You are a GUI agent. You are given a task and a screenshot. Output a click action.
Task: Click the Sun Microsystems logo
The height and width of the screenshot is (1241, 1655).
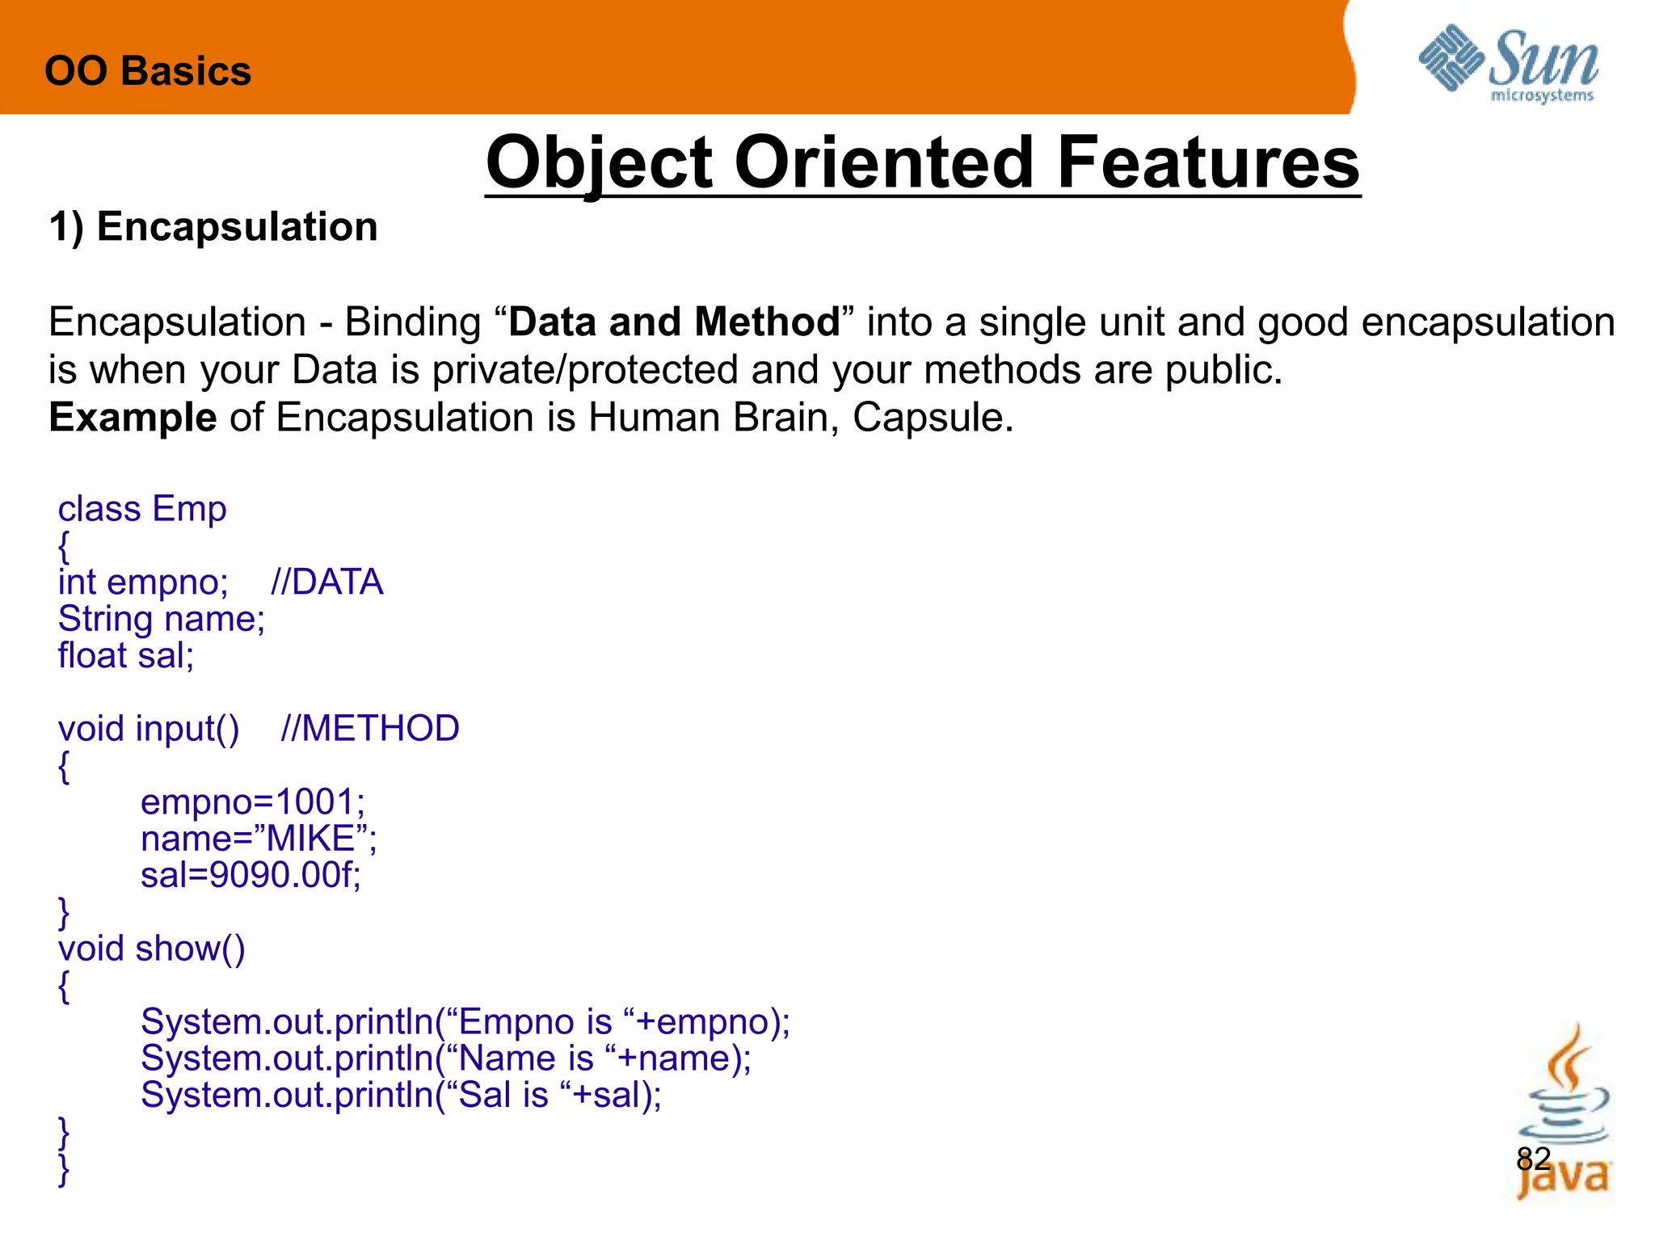[1508, 65]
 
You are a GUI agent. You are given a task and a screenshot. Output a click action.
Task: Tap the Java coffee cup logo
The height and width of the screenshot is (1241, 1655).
[1563, 1115]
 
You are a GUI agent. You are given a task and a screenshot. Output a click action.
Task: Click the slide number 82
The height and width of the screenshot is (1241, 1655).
[1533, 1159]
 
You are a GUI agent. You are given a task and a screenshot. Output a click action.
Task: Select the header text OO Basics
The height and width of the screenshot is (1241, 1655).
[148, 71]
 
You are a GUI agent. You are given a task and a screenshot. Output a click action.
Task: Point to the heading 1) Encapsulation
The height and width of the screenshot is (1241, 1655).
[213, 226]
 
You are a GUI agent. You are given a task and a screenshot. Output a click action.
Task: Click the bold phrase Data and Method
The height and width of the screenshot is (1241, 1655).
[674, 322]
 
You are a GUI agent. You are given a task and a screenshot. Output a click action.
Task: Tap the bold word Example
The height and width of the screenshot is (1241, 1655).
[133, 418]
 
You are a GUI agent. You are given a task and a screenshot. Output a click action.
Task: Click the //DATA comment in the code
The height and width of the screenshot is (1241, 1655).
[326, 583]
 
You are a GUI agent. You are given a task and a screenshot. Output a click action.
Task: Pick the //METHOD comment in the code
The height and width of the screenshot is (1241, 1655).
[369, 729]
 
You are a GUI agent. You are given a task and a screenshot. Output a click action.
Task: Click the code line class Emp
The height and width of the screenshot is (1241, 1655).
[142, 509]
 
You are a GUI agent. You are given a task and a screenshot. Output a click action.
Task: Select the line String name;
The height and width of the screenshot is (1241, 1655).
[162, 619]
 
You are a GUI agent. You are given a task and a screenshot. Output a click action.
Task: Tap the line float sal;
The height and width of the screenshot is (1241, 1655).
[126, 655]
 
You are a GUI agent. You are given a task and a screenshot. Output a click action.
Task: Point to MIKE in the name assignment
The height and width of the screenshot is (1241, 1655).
[311, 839]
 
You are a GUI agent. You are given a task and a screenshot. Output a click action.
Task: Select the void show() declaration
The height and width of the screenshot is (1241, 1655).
[151, 949]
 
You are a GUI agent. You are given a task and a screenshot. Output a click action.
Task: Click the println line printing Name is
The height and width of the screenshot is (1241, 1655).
[445, 1058]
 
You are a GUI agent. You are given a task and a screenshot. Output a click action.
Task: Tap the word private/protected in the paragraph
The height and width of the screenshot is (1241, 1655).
[585, 370]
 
